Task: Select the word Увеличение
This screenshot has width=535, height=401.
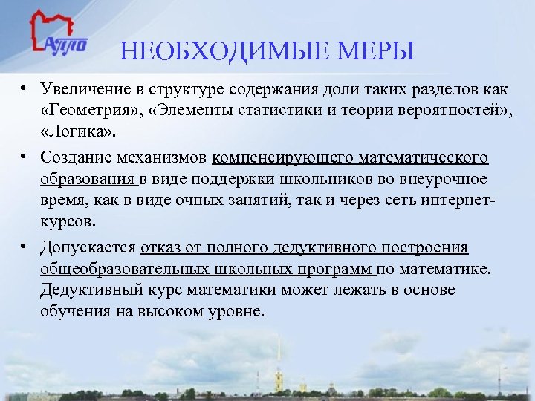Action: tap(85, 90)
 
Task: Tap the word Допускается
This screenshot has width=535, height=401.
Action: tap(88, 247)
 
